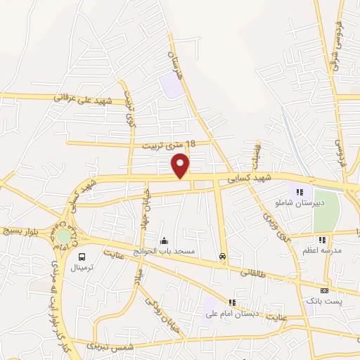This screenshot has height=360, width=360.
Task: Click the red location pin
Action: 181,165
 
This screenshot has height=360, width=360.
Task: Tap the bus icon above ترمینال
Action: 82,257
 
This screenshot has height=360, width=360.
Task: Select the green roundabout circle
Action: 63,236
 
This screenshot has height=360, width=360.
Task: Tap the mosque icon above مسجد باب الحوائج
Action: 165,240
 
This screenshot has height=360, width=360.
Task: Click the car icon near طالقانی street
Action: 222,257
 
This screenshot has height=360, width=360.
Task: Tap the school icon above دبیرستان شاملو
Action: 300,191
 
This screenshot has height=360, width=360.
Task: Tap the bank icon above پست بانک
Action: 323,290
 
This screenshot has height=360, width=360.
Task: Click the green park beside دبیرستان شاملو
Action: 326,211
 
